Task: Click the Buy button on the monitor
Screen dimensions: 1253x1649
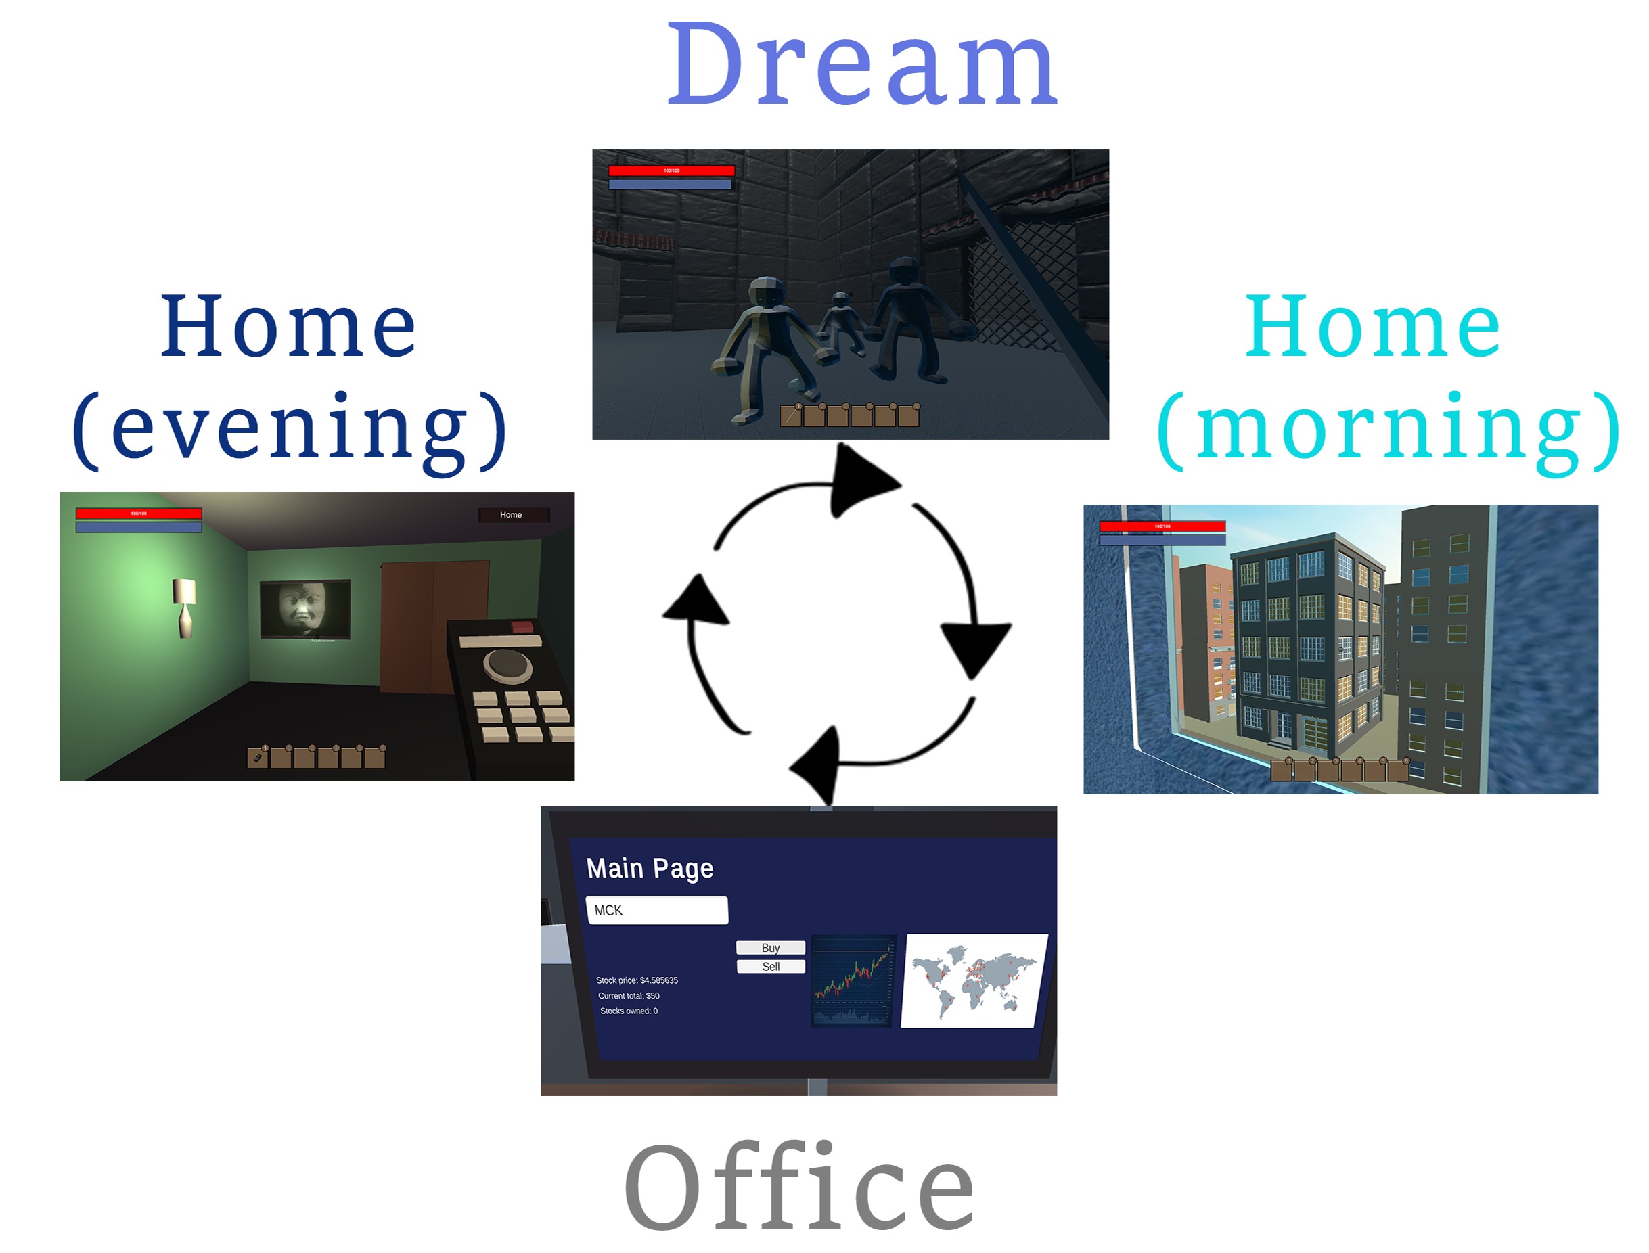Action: pyautogui.click(x=771, y=948)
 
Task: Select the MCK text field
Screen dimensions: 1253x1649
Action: pyautogui.click(x=656, y=910)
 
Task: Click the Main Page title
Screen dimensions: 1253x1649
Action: pyautogui.click(x=650, y=868)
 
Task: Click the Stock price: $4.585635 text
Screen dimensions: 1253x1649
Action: pyautogui.click(x=637, y=980)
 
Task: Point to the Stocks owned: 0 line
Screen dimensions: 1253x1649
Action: pyautogui.click(x=629, y=1011)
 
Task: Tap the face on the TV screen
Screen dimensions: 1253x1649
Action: pyautogui.click(x=304, y=608)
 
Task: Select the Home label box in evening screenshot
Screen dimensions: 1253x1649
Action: pyautogui.click(x=512, y=515)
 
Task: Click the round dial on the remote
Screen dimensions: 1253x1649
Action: pyautogui.click(x=507, y=662)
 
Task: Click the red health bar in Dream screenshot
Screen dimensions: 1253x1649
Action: pyautogui.click(x=671, y=170)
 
